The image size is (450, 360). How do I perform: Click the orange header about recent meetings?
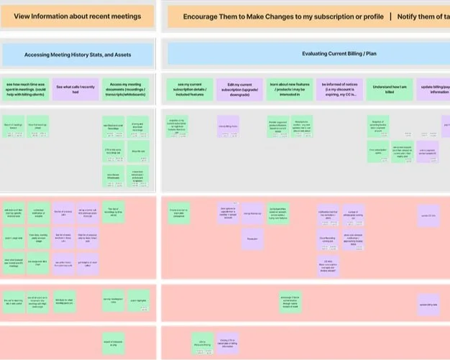78,16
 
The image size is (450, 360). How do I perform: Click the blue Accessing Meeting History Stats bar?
78,54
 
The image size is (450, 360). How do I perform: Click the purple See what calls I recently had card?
75,88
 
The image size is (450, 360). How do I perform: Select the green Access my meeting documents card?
126,88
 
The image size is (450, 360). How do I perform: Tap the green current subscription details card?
190,88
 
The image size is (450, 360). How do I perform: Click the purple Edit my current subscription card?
238,88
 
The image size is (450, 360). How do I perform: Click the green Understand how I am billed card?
390,88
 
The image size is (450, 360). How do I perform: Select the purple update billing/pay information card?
435,88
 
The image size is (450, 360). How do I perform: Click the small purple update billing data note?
428,305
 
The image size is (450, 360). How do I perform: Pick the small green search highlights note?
139,300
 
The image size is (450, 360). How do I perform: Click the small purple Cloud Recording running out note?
327,239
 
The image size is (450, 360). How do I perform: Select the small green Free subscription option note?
378,153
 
